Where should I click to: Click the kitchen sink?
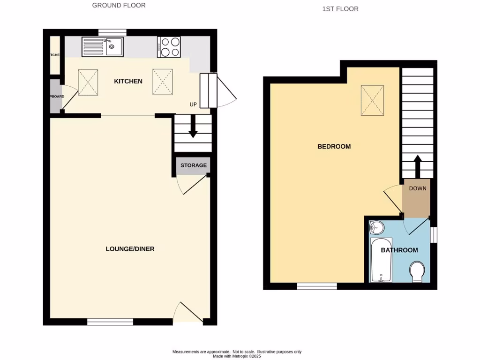103,47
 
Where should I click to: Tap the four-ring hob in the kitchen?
169,47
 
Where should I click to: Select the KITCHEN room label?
128,81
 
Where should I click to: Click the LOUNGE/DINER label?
130,249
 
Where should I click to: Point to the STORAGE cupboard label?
194,165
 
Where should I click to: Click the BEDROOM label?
334,146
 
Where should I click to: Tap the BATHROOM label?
399,250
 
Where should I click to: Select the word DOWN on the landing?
418,189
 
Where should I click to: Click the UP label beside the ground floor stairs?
193,105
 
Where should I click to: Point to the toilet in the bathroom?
417,272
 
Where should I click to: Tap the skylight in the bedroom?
372,100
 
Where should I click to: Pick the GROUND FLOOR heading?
119,6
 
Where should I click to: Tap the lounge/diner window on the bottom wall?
110,322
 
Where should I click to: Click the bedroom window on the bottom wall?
317,286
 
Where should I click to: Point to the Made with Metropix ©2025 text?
237,356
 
